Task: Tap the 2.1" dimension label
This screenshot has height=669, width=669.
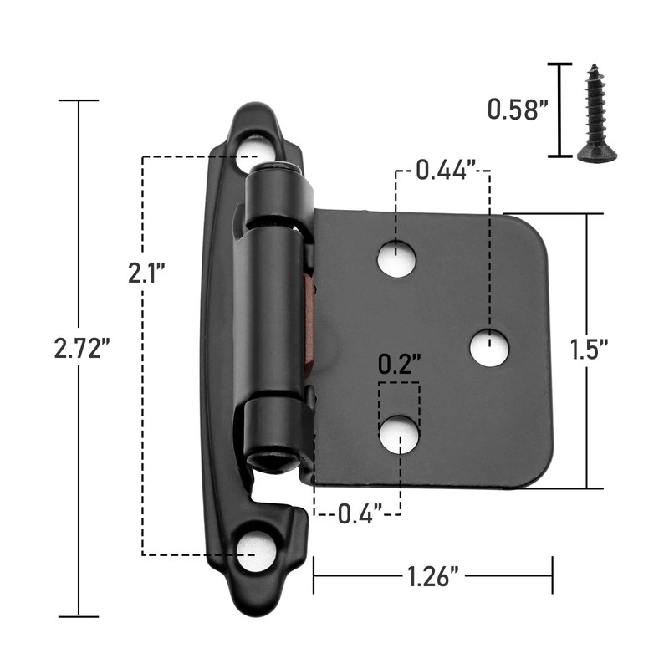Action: point(147,273)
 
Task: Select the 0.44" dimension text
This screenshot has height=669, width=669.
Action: point(442,171)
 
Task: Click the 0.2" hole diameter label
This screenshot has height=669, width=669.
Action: point(399,365)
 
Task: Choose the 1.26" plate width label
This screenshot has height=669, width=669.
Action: point(432,575)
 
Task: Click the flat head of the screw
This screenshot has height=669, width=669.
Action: point(597,154)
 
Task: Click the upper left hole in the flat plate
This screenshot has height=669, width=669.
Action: point(396,259)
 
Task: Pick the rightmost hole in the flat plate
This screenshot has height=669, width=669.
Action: point(489,347)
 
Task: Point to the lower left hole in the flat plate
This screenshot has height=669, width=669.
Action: point(399,434)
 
